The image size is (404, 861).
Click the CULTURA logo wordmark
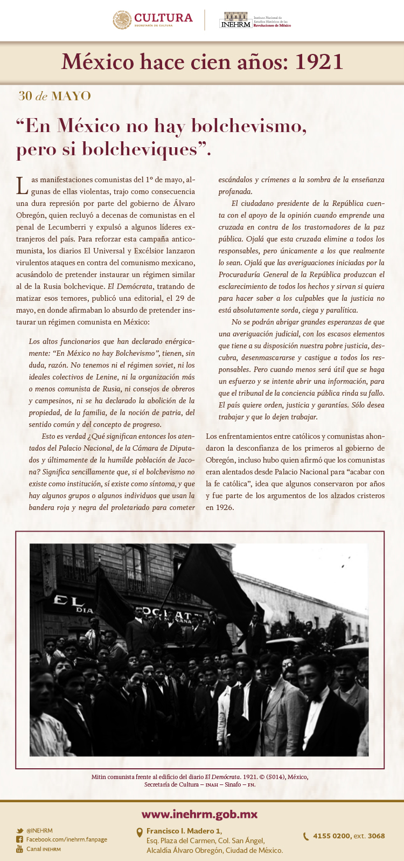163,18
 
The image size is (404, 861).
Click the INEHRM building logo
236,20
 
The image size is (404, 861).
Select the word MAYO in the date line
71,97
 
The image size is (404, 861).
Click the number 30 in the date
25,97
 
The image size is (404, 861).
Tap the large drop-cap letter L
22,185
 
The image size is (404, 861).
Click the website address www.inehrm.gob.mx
199,814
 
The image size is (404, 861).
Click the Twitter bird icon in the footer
19,831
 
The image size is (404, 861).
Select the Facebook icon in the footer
19,839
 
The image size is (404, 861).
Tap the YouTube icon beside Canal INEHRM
19,849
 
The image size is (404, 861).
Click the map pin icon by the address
140,832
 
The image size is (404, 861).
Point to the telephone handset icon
306,836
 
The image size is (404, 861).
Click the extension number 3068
376,836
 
